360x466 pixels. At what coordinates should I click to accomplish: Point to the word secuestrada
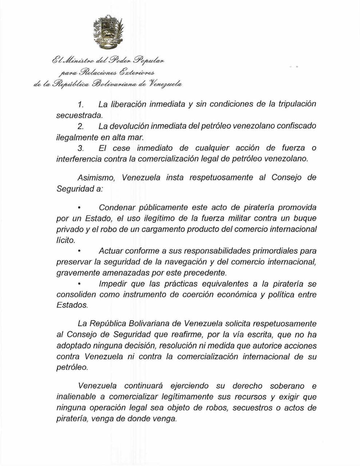[x=79, y=115]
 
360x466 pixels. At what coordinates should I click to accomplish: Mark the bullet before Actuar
[x=79, y=251]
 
